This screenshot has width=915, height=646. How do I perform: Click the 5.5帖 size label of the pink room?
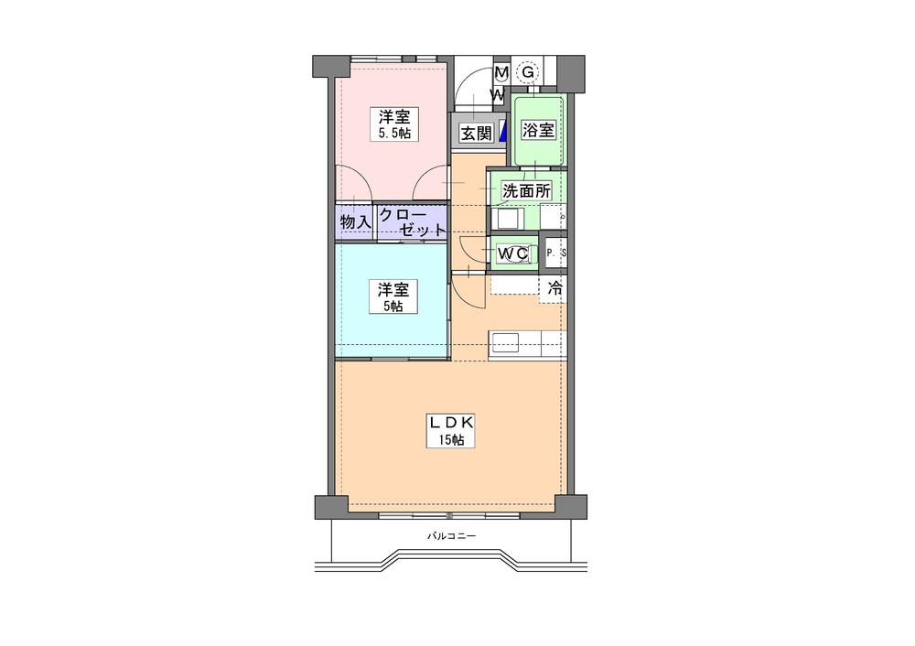[x=395, y=134]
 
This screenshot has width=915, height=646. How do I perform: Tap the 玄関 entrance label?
[x=475, y=134]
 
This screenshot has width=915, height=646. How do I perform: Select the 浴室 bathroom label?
[x=537, y=130]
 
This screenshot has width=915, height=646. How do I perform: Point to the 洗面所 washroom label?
[x=526, y=192]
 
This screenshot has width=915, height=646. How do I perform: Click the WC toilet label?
[x=511, y=253]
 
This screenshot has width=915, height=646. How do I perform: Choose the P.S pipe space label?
[x=555, y=253]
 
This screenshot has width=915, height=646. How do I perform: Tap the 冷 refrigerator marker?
[x=554, y=288]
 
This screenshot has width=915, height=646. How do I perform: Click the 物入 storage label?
[x=355, y=221]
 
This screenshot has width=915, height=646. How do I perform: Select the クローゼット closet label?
[x=413, y=221]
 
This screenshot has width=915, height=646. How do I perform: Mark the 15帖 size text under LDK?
[x=450, y=440]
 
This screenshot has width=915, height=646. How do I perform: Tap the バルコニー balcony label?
[x=451, y=536]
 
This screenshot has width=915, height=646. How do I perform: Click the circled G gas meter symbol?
[x=529, y=70]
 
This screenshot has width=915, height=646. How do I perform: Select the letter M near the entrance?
[x=501, y=72]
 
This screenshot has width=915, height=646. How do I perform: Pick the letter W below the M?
[x=499, y=94]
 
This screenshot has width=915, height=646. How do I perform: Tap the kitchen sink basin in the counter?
[x=505, y=342]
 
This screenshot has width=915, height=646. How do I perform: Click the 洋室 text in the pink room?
[x=395, y=117]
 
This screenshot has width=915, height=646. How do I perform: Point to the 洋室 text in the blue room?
[x=394, y=289]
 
